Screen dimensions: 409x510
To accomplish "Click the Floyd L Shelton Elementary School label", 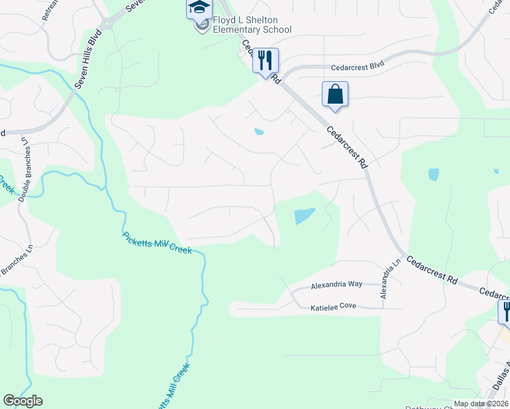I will pos(252,25).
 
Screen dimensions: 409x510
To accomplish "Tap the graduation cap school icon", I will pos(199,7).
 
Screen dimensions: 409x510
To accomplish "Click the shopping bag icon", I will pos(335,94).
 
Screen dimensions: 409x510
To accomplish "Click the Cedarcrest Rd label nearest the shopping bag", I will pos(346,147).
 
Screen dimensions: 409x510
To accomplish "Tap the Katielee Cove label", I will pos(334,308).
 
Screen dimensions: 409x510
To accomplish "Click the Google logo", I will pos(22,401).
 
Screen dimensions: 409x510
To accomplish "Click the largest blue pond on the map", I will pos(304,216).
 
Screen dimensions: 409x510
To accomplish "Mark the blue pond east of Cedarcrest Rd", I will pos(434,175).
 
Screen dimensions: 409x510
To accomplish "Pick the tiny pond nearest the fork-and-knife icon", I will pos(258,132).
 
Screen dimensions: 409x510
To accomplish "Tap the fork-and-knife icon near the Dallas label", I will pos(505,312).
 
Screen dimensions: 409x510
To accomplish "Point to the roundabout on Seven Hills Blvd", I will pos(104,27).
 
